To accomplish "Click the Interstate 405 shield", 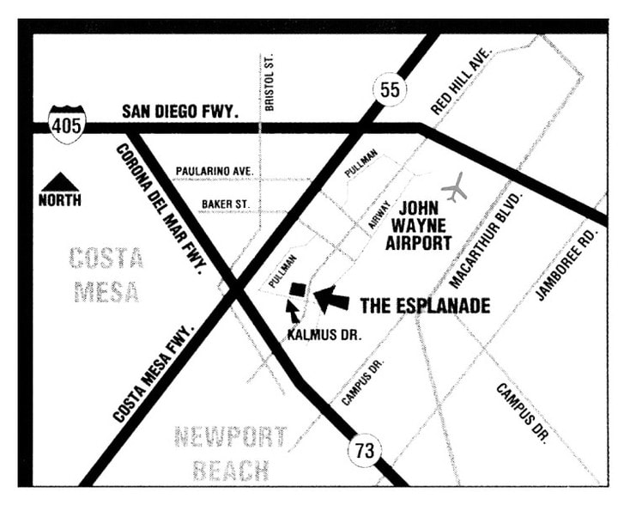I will click(x=67, y=124).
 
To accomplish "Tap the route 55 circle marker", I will click(x=389, y=89).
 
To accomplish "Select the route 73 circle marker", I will click(x=365, y=448).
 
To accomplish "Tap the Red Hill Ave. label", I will click(x=460, y=82).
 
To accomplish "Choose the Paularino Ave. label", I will click(x=215, y=172).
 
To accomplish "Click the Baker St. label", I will click(x=225, y=204).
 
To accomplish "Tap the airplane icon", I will click(x=457, y=187).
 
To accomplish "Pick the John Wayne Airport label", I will click(x=418, y=225).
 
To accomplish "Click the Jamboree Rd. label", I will click(x=566, y=264).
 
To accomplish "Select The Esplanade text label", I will click(x=424, y=306).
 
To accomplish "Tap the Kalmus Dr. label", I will click(x=324, y=336).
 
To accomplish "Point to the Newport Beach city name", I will click(x=230, y=453).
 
